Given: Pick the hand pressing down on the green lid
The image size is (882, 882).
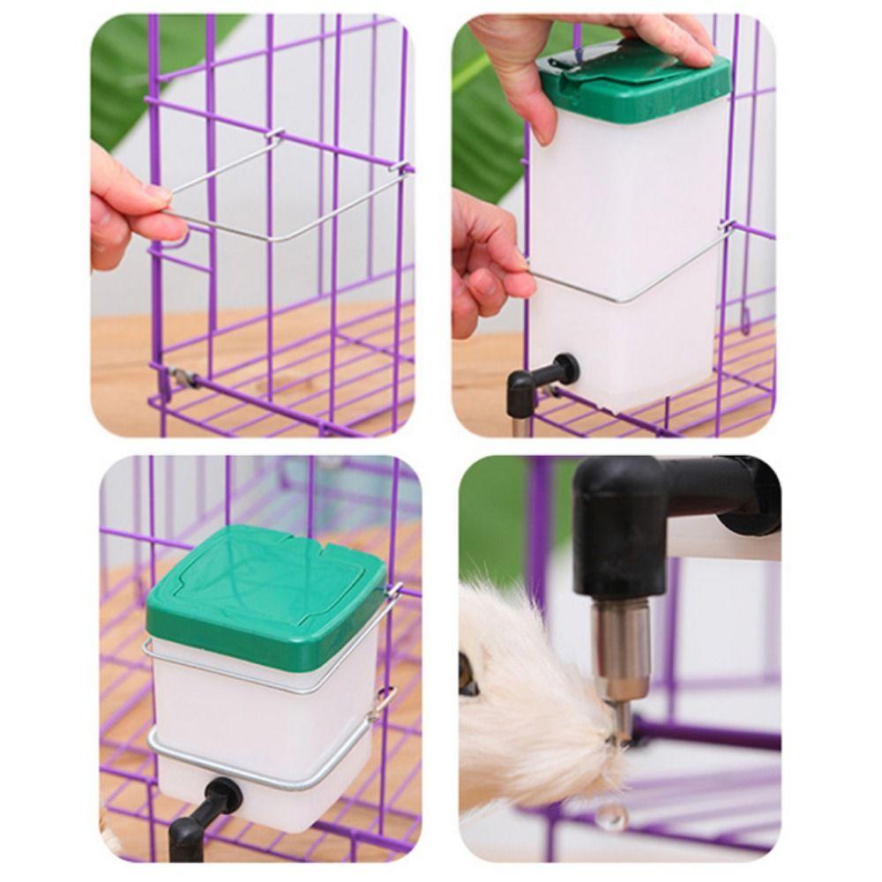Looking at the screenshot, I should tap(573, 53).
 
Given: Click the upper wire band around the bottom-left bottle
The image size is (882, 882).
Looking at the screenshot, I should tap(265, 684).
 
